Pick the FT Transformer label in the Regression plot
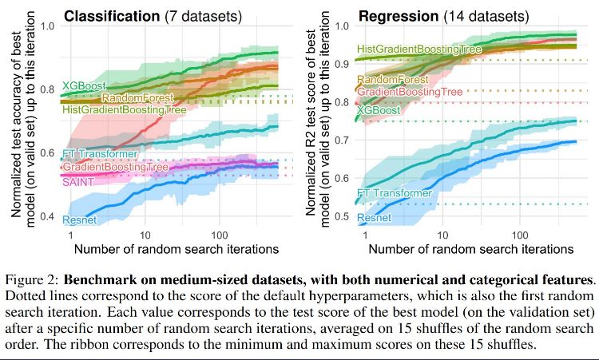pyautogui.click(x=395, y=192)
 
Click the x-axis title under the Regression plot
pyautogui.click(x=468, y=249)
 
